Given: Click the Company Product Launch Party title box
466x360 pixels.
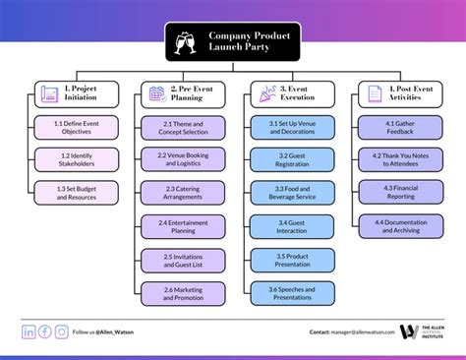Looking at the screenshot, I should click(233, 41).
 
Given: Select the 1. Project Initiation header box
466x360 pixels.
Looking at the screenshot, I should click(78, 94).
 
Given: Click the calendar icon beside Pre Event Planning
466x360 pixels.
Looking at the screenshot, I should click(156, 94).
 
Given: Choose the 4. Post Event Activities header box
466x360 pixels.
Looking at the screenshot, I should click(396, 94).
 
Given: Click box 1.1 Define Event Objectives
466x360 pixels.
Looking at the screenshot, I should click(78, 126).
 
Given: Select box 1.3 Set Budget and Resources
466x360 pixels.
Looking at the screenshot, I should click(78, 193).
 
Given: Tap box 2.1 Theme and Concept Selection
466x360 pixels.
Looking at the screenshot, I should click(184, 127).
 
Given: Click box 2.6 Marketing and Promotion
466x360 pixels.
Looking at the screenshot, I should click(184, 293).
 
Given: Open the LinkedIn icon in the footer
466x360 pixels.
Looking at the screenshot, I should click(29, 332).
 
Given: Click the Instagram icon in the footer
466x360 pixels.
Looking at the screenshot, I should click(62, 332).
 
